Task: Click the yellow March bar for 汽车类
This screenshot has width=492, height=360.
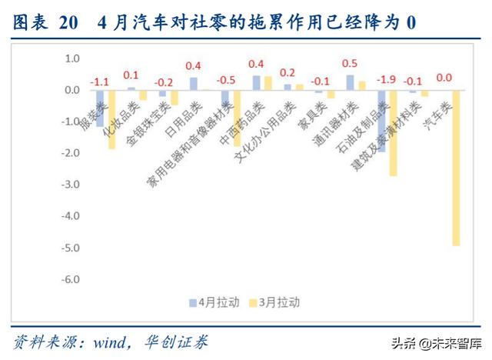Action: (456, 168)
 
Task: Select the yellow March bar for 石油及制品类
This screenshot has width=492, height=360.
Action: (393, 133)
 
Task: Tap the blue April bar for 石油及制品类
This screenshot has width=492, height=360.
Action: (381, 121)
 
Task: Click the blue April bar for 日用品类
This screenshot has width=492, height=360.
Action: (193, 84)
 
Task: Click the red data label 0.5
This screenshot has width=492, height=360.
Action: (350, 63)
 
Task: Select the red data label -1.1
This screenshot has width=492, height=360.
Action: (100, 82)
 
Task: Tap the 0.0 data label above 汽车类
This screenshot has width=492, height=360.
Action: (444, 78)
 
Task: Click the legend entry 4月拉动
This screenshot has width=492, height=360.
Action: (205, 302)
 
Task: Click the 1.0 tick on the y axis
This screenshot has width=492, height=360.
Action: (72, 58)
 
